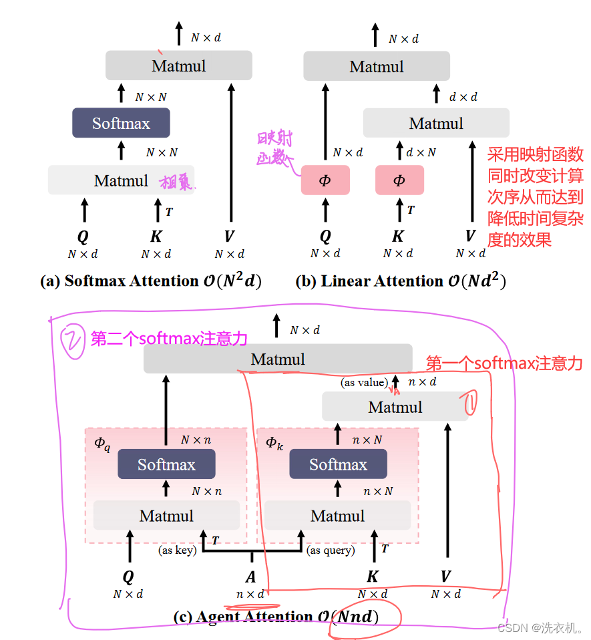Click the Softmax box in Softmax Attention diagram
[121, 123]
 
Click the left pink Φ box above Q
[325, 180]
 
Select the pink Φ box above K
[399, 180]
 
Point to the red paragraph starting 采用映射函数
[536, 197]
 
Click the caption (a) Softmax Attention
[151, 281]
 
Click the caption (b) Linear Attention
[401, 281]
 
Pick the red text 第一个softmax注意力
[504, 363]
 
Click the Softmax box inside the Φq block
[166, 464]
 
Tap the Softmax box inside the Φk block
[338, 464]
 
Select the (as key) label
[176, 550]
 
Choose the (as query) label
[331, 550]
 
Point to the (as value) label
[364, 382]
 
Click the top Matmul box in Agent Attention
[278, 359]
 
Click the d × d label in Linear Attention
[463, 97]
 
